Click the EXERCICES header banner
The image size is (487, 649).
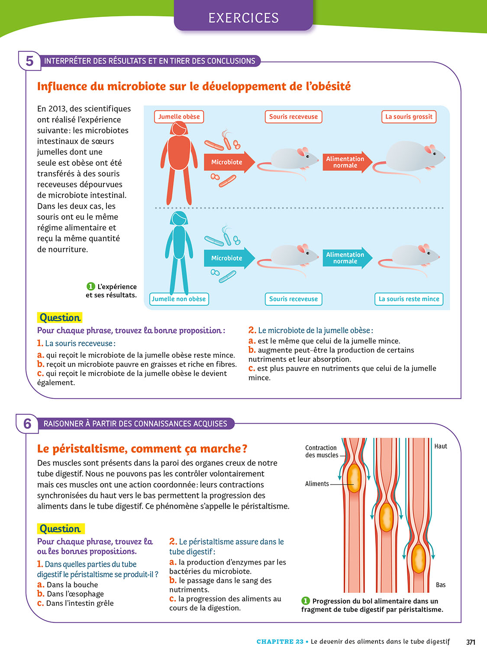point(243,17)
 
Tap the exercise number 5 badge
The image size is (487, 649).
point(29,61)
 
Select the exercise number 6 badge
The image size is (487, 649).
point(27,424)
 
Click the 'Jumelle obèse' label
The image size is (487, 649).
point(179,117)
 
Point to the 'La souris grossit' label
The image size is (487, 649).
point(409,117)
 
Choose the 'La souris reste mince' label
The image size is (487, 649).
point(409,299)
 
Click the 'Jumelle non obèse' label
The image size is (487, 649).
point(179,299)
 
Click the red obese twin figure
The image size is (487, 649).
point(176,162)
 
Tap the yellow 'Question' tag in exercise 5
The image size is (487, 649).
point(60,318)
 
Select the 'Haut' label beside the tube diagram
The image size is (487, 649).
point(441,446)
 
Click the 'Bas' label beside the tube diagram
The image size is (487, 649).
point(441,585)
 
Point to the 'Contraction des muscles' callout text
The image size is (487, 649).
point(321,451)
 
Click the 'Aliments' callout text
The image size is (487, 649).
point(317,484)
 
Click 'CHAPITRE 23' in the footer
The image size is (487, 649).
point(280,642)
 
